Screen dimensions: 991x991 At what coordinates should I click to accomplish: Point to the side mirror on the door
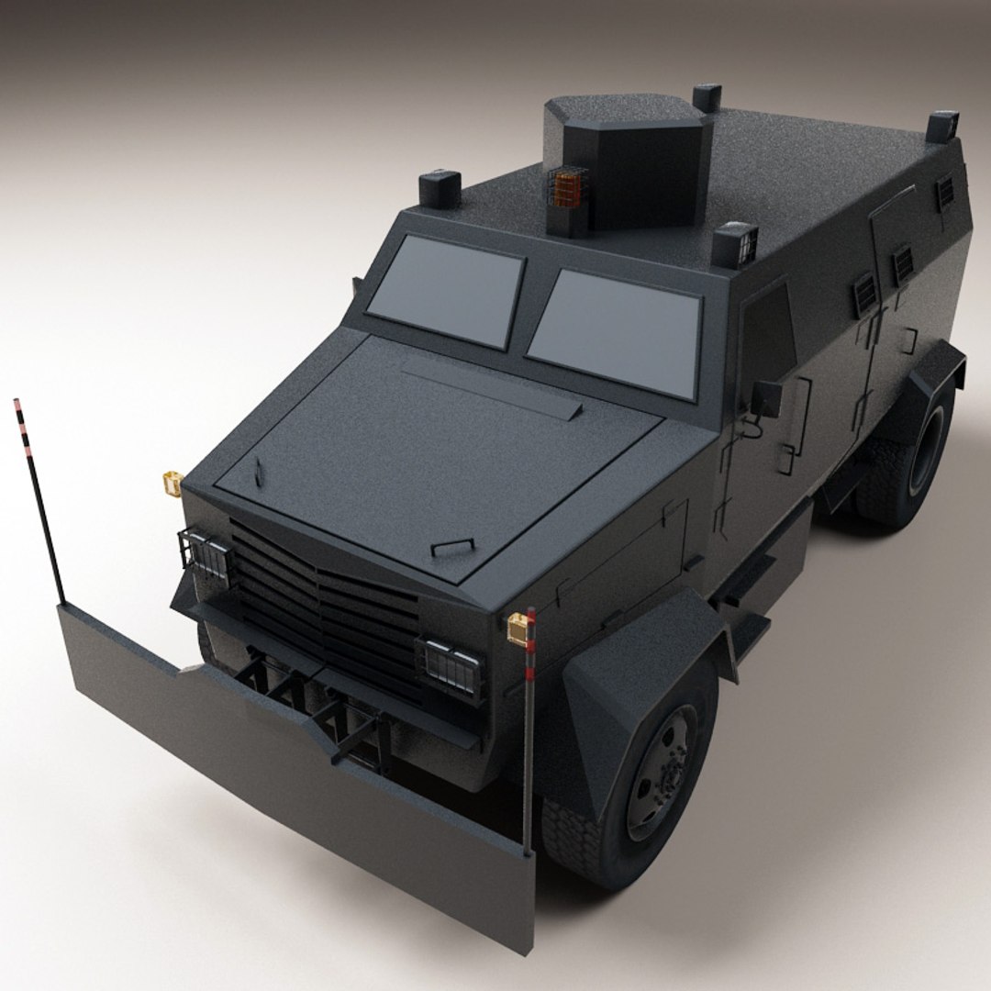[766, 398]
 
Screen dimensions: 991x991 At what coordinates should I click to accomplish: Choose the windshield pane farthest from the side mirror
[447, 287]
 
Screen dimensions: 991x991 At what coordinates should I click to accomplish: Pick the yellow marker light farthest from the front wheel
[172, 482]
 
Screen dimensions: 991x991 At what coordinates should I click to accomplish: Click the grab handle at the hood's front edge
[452, 547]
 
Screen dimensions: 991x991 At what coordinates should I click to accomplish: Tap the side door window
[766, 330]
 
